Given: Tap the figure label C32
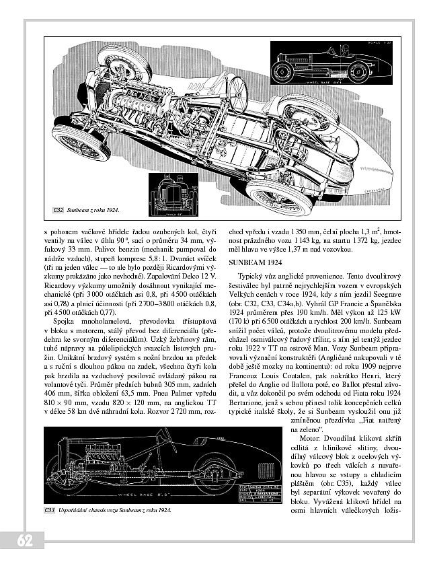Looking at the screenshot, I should [x=58, y=211].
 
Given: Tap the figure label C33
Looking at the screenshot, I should [x=49, y=511].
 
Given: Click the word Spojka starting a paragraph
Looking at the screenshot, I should [x=63, y=322].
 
